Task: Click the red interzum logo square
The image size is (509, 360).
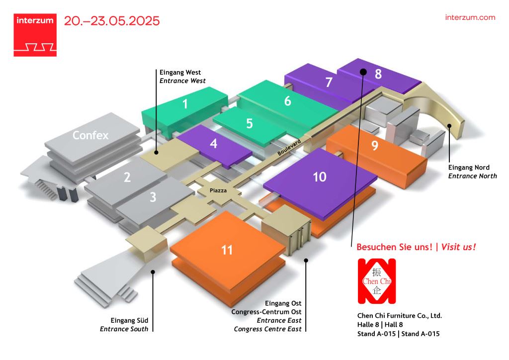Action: point(35,35)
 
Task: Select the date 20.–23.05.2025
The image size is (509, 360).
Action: point(112,21)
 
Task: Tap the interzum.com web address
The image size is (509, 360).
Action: point(470,17)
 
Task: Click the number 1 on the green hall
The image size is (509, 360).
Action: point(185,104)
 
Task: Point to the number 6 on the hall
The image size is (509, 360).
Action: point(288,101)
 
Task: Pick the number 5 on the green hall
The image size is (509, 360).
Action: point(250,123)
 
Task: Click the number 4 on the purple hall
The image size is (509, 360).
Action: point(214,144)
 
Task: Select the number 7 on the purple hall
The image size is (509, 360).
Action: point(329,82)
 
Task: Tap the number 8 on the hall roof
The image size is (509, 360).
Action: point(378,74)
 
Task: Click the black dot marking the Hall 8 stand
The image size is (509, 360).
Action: point(363,72)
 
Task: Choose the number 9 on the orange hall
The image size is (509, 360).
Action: point(375,145)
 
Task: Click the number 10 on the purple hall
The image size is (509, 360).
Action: point(320,177)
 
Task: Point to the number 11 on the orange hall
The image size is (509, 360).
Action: point(227,250)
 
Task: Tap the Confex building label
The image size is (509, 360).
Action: point(90,135)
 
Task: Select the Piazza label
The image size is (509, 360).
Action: point(218,190)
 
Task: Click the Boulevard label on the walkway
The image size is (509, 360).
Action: point(289,147)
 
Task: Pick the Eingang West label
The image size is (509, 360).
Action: point(180,73)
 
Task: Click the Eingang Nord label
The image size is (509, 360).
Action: point(469,168)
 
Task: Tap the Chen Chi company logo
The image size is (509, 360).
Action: point(377,281)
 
